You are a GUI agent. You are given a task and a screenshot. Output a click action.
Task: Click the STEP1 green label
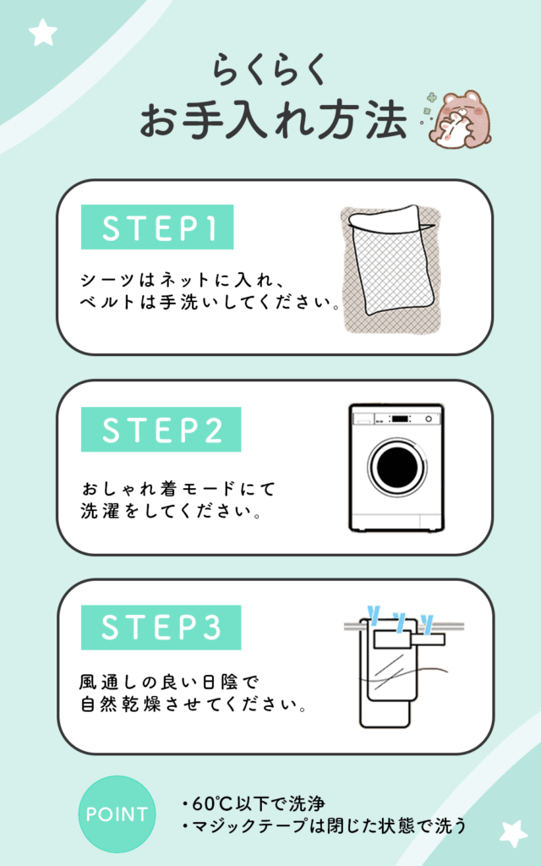157,227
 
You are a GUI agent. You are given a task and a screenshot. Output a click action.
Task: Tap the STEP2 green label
161,429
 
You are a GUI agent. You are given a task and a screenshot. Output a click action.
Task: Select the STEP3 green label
161,628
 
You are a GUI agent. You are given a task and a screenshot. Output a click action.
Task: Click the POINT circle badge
117,814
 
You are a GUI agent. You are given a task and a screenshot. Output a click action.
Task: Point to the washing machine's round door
397,468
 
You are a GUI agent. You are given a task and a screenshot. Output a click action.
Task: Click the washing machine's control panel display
400,419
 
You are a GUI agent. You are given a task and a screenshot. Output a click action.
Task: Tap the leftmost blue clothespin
374,615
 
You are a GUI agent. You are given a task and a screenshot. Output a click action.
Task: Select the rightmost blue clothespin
426,623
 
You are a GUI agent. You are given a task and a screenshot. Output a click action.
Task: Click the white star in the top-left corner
42,33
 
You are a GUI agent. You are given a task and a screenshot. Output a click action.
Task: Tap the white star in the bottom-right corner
513,834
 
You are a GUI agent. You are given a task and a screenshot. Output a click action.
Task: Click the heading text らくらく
270,69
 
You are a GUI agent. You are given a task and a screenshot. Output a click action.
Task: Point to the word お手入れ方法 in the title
274,120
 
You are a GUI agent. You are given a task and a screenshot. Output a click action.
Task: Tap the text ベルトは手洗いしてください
210,303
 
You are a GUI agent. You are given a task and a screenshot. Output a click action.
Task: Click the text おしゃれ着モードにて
178,489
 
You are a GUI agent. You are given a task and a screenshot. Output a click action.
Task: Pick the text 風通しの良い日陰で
168,682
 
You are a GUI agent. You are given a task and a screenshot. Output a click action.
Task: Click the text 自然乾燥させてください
193,704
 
